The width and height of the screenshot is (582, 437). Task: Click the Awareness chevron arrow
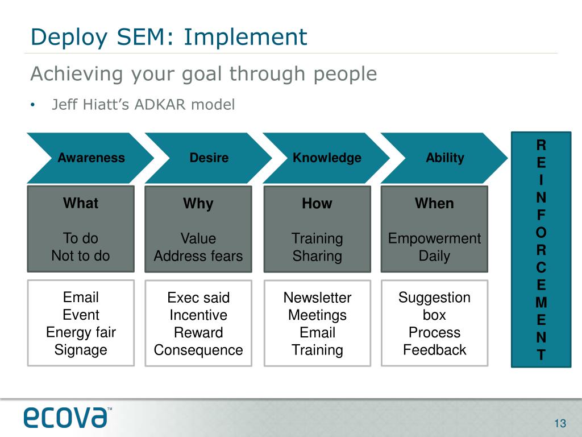[x=91, y=158]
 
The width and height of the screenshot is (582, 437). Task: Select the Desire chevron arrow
[x=209, y=158]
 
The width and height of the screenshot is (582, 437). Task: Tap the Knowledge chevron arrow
[x=327, y=158]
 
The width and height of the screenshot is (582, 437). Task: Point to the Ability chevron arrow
[x=444, y=158]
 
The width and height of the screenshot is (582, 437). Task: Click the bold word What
[x=81, y=203]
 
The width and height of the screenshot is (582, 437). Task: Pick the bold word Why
[x=198, y=204]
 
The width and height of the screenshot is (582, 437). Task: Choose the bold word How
[x=317, y=204]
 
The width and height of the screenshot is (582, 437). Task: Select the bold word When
[x=434, y=203]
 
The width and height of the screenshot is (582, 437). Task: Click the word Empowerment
[x=434, y=238]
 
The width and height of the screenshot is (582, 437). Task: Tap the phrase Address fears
[x=198, y=256]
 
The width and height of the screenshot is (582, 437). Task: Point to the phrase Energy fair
[x=81, y=332]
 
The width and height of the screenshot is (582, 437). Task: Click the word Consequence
[x=198, y=350]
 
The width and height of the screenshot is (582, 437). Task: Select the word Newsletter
[x=317, y=298]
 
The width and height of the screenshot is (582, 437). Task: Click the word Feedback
[x=434, y=350]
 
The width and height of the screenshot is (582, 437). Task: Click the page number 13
[x=560, y=423]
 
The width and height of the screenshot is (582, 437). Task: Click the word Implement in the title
[x=246, y=38]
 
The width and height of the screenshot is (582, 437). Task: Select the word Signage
[x=81, y=350]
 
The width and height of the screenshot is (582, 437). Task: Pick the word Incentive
[x=198, y=315]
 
